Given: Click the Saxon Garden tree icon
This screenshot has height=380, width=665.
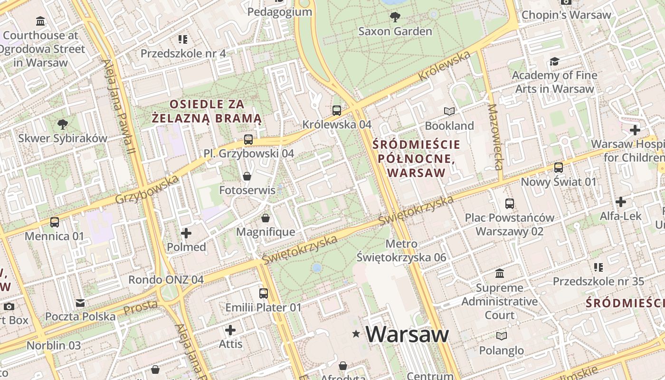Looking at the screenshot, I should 394,18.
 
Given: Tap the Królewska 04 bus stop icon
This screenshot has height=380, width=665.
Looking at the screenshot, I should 337,111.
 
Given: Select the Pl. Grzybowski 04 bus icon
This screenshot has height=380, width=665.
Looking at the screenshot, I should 248,140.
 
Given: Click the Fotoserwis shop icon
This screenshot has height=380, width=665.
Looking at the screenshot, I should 247,177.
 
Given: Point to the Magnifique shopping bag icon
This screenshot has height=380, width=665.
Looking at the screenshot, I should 266,218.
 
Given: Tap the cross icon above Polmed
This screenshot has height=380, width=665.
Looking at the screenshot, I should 186,233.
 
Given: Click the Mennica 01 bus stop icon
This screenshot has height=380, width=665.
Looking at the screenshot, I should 55,222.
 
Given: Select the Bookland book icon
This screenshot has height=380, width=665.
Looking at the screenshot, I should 449,112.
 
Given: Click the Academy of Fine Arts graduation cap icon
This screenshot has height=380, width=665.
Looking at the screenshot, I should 554,61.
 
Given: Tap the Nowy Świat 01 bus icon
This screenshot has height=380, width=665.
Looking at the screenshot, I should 559,168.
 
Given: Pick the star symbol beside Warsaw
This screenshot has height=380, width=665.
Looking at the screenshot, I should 356,334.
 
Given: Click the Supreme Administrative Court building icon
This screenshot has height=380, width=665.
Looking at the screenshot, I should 500,274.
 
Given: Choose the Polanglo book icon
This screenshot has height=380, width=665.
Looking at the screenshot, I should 501,336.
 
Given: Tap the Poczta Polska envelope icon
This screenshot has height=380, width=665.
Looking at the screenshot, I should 80,303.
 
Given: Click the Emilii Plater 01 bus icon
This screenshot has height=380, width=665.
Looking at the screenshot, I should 264,294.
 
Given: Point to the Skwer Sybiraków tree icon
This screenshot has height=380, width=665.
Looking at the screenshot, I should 62,124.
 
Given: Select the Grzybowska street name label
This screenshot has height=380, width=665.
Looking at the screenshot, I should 147,189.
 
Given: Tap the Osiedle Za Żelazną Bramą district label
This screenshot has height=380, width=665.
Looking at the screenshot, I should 207,111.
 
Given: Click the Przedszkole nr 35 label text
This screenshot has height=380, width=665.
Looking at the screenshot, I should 598,281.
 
